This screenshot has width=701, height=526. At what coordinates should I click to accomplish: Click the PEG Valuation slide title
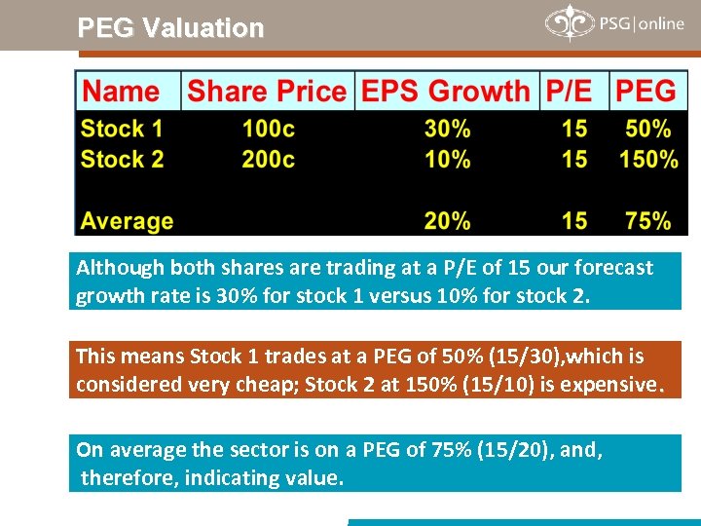pos(170,27)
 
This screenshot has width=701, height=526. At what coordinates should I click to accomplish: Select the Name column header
pos(121,92)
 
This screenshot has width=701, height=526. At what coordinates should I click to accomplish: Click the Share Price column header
pos(266,92)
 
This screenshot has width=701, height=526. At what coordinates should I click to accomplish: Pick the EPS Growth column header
pos(445,92)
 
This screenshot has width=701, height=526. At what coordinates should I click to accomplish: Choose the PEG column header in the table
pos(646,92)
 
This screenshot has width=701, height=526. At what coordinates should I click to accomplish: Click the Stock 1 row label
pos(122,129)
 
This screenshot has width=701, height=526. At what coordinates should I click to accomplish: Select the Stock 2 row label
pos(122,159)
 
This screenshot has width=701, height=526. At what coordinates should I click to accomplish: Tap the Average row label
pos(127,221)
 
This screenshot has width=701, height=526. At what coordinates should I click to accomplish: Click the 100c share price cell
pos(269,129)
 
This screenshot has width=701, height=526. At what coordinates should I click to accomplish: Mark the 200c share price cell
pos(269,159)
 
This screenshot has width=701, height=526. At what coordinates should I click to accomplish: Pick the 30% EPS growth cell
pos(448,129)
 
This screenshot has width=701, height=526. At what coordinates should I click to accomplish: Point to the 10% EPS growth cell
pos(448,159)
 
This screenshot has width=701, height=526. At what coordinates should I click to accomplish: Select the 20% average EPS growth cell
pos(448,221)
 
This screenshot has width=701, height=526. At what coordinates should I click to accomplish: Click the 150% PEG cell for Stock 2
pos(648,159)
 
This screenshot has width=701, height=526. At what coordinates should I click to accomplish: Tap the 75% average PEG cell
pos(648,221)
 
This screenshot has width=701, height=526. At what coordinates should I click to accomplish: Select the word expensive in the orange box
pos(609,385)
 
